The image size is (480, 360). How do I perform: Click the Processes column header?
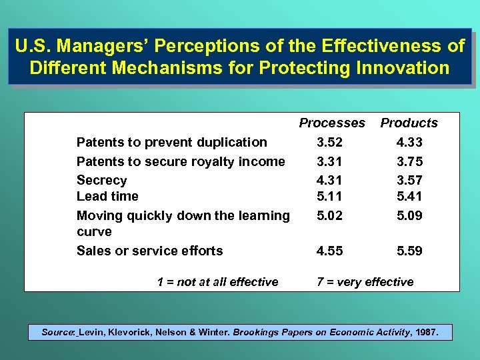point(332,123)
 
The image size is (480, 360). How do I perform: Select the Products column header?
point(409,123)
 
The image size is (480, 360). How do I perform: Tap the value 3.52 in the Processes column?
point(330,142)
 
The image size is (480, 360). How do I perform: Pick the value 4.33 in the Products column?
point(409,142)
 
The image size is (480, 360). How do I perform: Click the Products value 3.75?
point(409,161)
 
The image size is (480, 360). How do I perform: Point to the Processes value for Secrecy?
point(330,180)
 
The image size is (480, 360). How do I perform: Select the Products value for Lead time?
point(409,196)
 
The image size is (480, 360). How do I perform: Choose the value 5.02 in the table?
point(330,215)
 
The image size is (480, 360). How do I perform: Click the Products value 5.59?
point(409,251)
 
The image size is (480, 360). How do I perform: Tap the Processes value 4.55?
point(330,251)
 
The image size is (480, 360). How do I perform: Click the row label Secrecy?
point(101,180)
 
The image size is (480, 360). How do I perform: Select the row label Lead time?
point(107,196)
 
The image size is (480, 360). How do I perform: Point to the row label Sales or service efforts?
point(150,251)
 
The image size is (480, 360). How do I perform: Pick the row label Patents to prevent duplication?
point(172,142)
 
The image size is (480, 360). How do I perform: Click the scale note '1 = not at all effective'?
point(217,282)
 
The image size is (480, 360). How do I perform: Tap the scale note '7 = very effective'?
point(365,282)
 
